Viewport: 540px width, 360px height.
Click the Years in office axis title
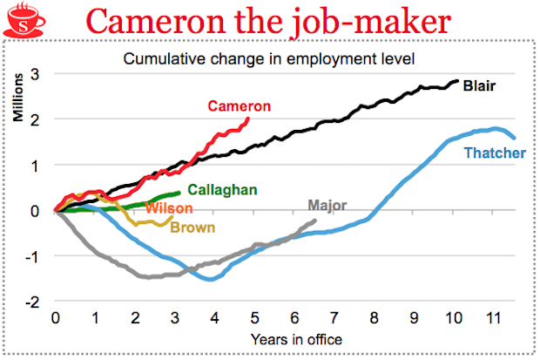(x=295, y=338)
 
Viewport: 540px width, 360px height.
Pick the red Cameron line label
(x=240, y=105)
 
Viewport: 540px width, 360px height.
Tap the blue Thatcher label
(x=495, y=153)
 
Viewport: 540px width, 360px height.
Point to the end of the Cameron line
(x=248, y=119)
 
